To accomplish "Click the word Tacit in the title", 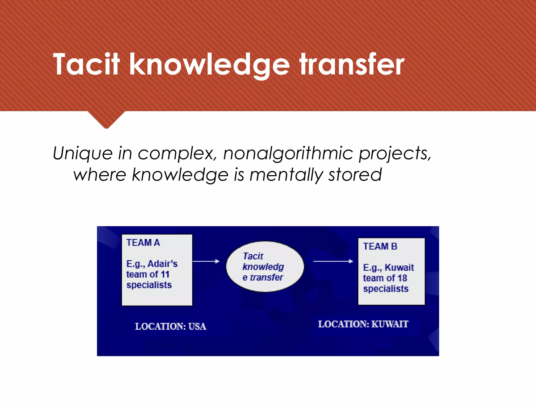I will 86,64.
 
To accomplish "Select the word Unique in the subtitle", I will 82,153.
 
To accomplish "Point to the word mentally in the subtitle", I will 286,175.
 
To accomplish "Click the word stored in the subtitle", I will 355,175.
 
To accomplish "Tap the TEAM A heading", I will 143,243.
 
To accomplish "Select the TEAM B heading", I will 380,246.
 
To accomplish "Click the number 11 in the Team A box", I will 165,274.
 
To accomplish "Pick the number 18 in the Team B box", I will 402,278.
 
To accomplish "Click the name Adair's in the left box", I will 163,264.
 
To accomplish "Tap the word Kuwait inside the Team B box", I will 399,267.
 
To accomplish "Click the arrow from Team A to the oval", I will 206,261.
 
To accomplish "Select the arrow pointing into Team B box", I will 333,261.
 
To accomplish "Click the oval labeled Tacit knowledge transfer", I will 265,266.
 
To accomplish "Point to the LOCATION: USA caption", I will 170,326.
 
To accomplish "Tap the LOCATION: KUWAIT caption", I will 363,324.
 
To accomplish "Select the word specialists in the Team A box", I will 149,285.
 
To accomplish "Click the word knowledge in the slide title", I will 209,64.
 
